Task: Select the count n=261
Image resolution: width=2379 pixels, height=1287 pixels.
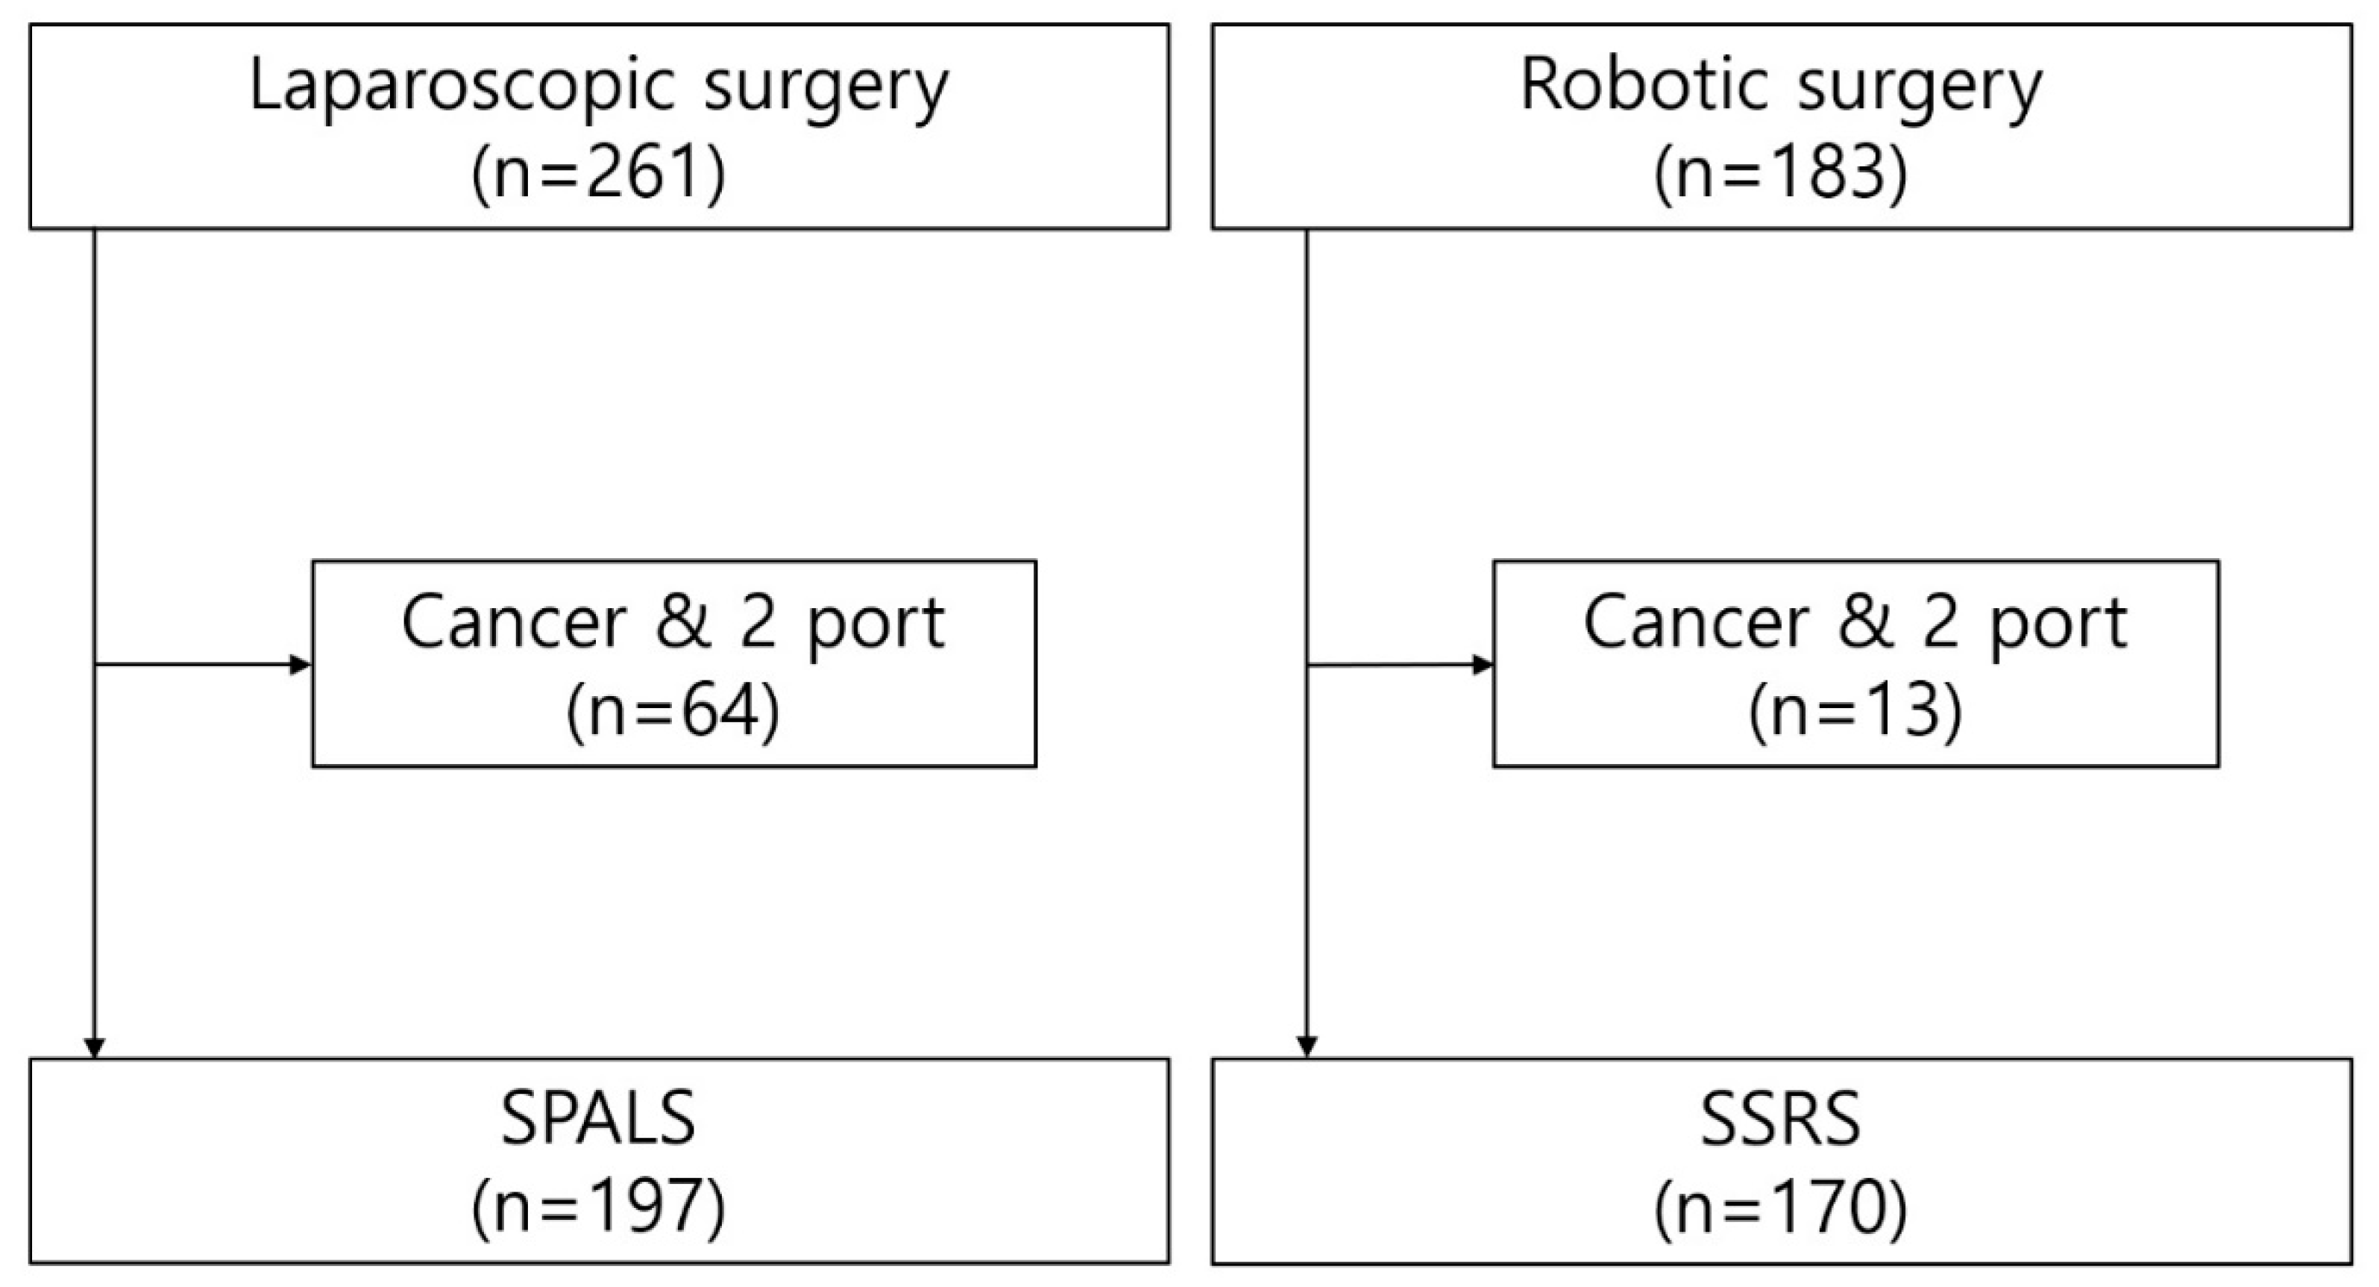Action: (598, 174)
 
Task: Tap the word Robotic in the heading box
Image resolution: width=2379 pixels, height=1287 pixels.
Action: (1644, 85)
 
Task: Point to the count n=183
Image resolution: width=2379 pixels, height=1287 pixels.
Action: (1781, 174)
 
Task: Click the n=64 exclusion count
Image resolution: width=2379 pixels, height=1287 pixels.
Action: (673, 713)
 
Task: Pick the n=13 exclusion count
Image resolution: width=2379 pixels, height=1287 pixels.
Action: (1855, 713)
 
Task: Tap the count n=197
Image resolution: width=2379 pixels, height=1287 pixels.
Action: (598, 1208)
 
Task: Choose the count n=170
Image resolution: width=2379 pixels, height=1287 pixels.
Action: (1781, 1208)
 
